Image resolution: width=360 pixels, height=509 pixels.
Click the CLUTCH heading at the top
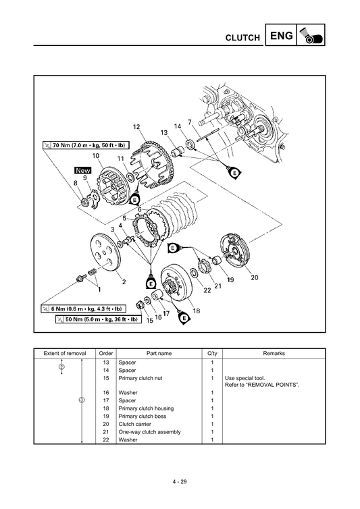point(242,38)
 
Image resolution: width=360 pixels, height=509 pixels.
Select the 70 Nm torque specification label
point(84,144)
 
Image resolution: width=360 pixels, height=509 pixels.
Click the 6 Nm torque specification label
point(91,309)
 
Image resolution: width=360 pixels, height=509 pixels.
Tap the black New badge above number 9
point(82,171)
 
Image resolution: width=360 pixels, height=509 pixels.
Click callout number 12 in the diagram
point(136,127)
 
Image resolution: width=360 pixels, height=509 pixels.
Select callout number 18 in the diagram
point(197,311)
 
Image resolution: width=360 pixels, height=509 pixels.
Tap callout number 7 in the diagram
point(190,122)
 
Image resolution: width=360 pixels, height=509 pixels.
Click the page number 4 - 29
point(180,481)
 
